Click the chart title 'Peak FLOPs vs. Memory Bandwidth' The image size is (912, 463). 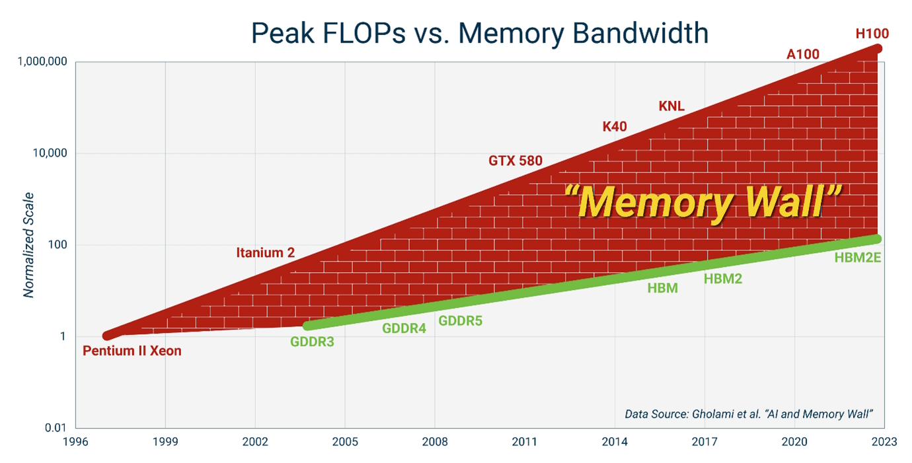(x=479, y=33)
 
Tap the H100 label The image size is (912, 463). (x=872, y=33)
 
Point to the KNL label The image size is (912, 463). (x=671, y=106)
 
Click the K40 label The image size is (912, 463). (x=614, y=126)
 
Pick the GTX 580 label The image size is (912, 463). (x=515, y=160)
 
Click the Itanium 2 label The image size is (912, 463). (x=265, y=252)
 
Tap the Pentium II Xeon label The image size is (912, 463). (x=132, y=351)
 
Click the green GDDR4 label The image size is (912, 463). (x=404, y=328)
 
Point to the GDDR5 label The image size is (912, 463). (x=461, y=321)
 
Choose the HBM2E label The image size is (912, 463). (x=858, y=258)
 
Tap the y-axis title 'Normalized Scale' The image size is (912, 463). (x=28, y=244)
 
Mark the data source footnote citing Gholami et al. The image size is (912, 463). (x=749, y=414)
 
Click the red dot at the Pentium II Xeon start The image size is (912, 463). (x=108, y=336)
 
